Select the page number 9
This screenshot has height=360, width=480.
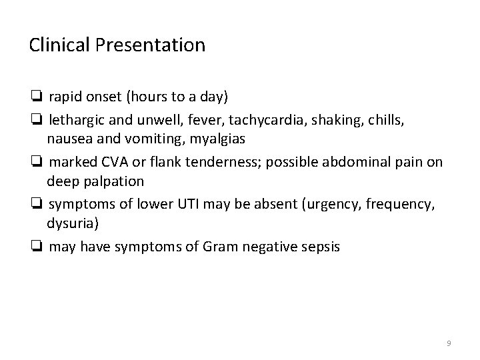point(449,343)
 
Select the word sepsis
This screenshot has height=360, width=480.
point(318,246)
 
